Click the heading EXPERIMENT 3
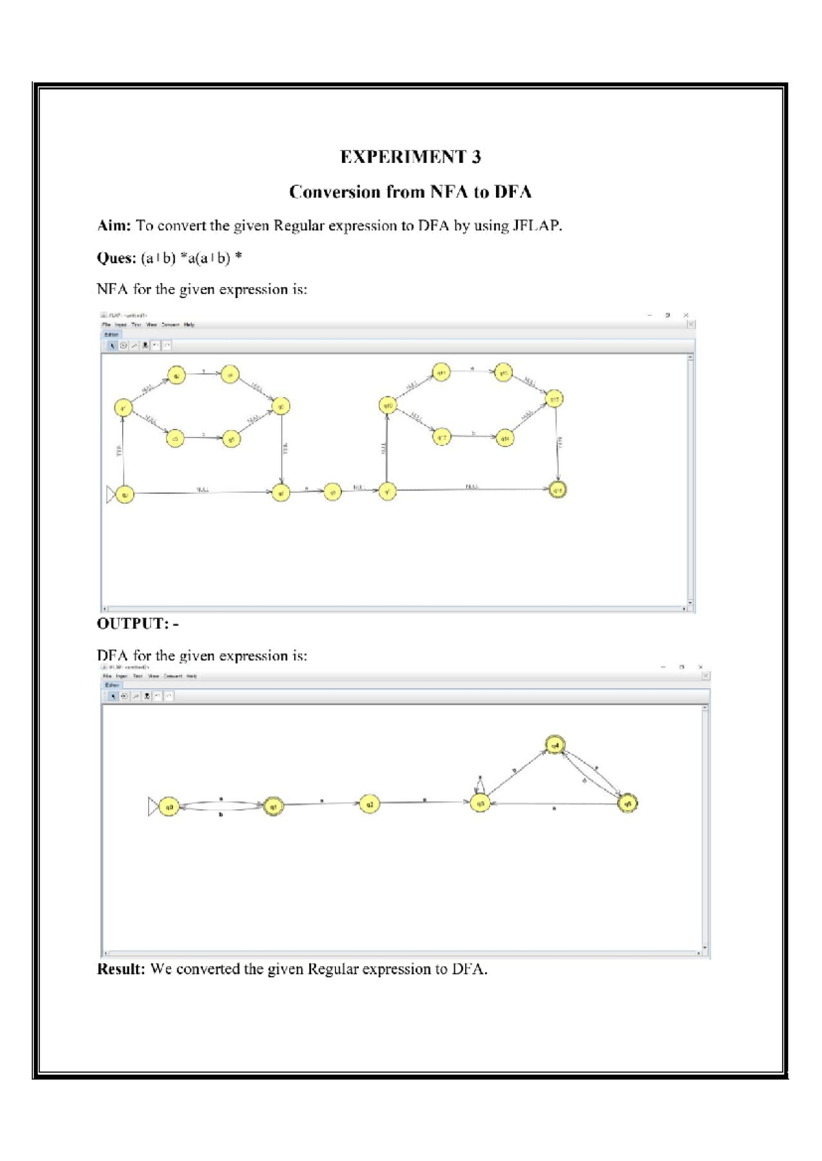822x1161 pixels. (410, 157)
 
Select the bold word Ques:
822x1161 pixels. (116, 258)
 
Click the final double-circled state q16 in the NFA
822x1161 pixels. (558, 489)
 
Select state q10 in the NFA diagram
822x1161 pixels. (388, 406)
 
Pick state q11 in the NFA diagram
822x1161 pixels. (442, 373)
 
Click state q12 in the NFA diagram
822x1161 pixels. (442, 437)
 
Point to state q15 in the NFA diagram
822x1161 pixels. (554, 398)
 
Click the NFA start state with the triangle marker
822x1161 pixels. (124, 494)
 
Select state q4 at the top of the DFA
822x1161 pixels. (556, 745)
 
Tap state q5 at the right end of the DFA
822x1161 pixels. (627, 804)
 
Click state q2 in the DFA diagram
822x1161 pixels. (369, 804)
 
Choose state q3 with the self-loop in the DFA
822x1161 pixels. (480, 804)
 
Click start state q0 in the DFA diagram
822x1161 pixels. (169, 807)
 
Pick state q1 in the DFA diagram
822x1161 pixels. (274, 806)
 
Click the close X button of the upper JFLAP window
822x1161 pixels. (686, 316)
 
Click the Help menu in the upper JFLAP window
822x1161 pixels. (190, 325)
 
